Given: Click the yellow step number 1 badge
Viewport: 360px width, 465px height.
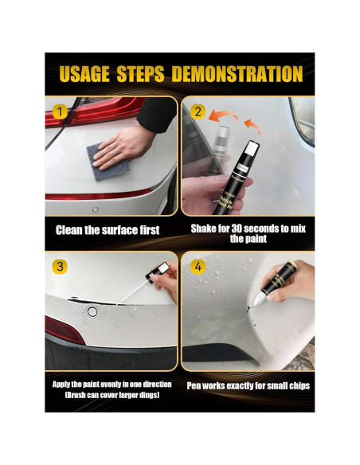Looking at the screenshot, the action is [60, 112].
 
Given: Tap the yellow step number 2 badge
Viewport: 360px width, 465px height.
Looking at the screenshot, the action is [198, 111].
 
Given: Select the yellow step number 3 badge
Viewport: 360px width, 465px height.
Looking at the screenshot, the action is [60, 267].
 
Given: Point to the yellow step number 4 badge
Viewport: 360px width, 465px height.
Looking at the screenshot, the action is [198, 267].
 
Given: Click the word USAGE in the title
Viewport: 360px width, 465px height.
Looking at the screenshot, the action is [84, 74].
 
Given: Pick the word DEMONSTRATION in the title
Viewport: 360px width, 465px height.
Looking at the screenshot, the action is [237, 74].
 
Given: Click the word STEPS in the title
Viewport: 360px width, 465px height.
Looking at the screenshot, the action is [140, 74].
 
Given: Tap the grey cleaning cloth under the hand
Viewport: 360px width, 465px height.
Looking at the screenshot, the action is [108, 162].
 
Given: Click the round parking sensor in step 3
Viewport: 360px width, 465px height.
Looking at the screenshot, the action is [92, 311].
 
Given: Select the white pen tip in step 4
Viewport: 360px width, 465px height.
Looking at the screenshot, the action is [259, 298].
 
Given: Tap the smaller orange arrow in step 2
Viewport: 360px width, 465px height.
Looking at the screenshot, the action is [252, 126].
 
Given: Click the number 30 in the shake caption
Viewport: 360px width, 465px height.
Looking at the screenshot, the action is [237, 229].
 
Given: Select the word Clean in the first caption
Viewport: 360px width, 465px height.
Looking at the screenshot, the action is [69, 230].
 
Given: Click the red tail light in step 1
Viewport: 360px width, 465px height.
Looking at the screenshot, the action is [95, 110].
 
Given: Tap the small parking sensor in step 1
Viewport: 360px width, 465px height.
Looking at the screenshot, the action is [96, 209].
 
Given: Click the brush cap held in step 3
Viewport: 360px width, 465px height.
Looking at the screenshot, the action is [158, 273].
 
